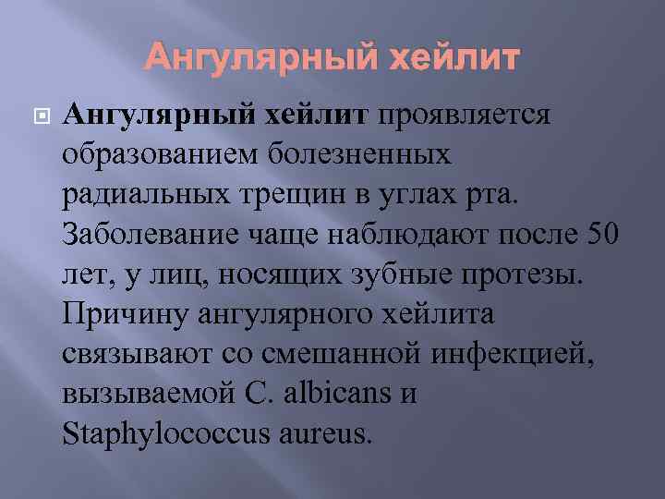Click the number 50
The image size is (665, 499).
598,235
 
